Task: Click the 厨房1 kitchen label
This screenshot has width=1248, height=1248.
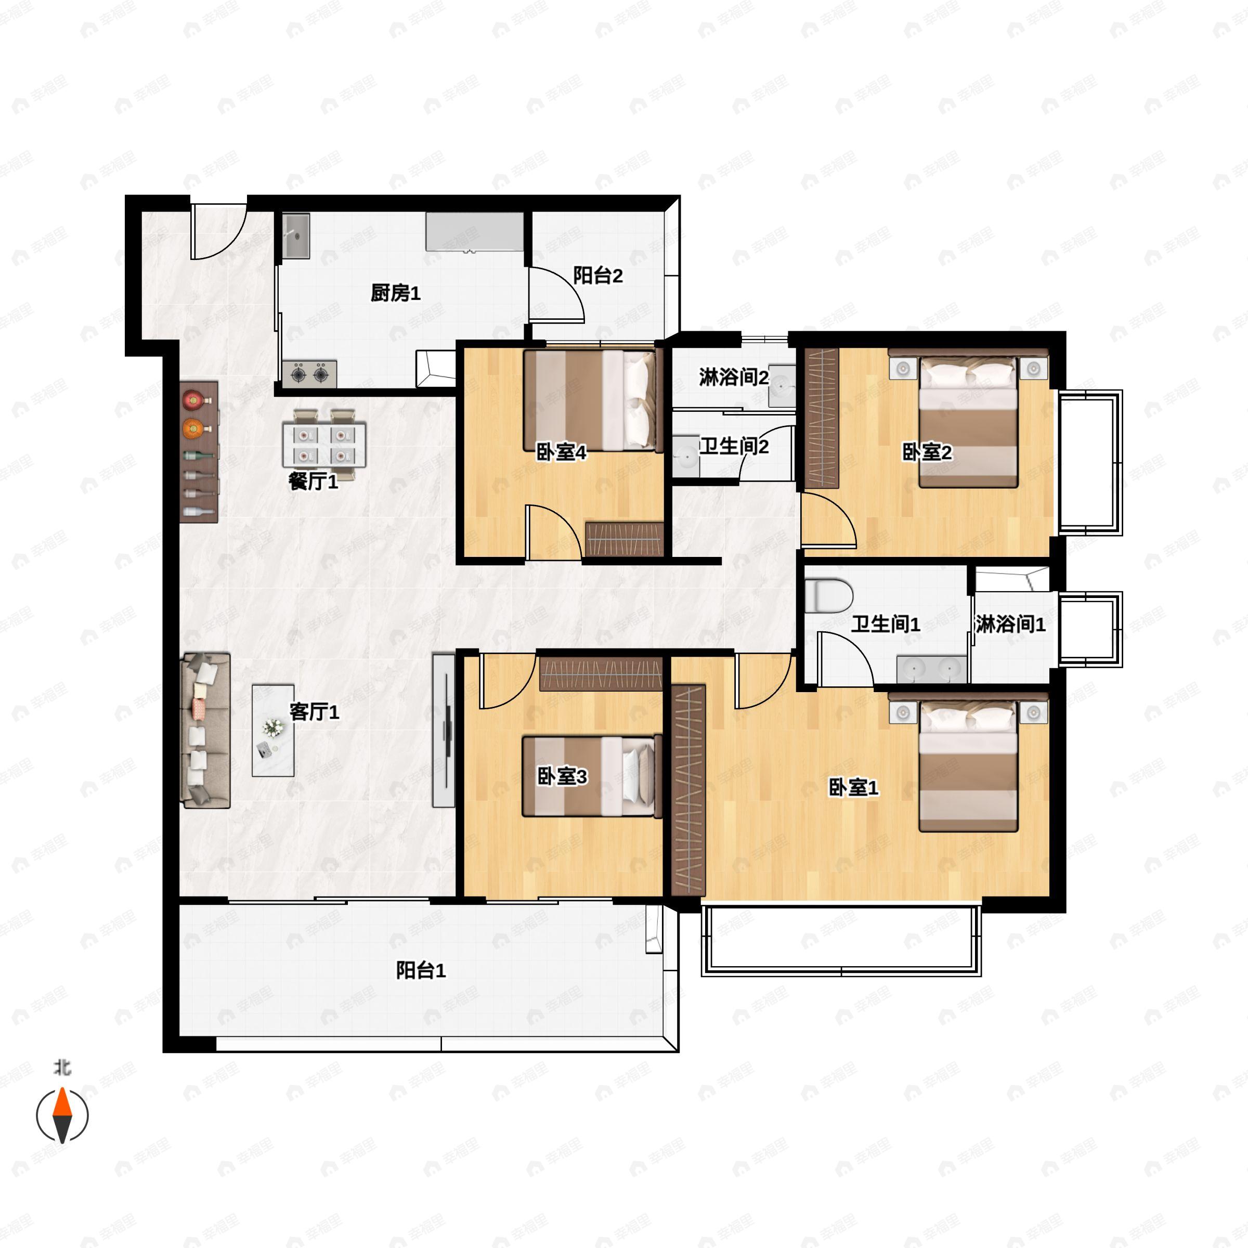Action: click(395, 293)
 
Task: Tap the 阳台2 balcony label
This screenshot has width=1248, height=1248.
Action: click(598, 276)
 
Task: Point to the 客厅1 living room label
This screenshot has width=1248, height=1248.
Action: click(314, 712)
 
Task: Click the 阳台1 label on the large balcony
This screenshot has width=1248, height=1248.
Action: click(421, 970)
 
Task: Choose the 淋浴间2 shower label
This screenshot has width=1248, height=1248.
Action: click(734, 377)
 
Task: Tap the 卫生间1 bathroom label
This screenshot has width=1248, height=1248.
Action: click(885, 624)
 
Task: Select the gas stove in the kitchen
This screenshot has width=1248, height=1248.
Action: click(309, 374)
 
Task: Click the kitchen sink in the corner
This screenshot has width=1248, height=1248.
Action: click(296, 237)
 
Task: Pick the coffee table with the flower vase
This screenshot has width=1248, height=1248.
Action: click(273, 731)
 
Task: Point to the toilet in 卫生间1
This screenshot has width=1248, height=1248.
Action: click(830, 595)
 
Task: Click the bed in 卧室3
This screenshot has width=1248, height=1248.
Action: click(592, 776)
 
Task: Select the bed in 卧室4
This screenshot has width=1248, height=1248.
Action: click(593, 400)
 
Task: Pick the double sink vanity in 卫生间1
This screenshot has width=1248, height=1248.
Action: click(931, 669)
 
